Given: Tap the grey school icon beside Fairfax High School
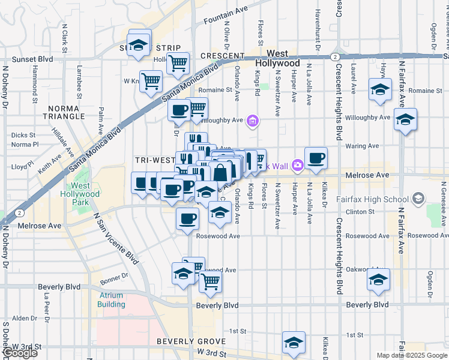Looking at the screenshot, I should [x=418, y=199].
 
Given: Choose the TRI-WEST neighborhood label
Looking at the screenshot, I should [x=154, y=160].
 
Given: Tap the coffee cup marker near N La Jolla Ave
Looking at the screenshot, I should [x=316, y=158].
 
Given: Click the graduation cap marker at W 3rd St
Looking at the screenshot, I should [x=294, y=343].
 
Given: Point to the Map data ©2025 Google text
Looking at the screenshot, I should [x=412, y=355].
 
